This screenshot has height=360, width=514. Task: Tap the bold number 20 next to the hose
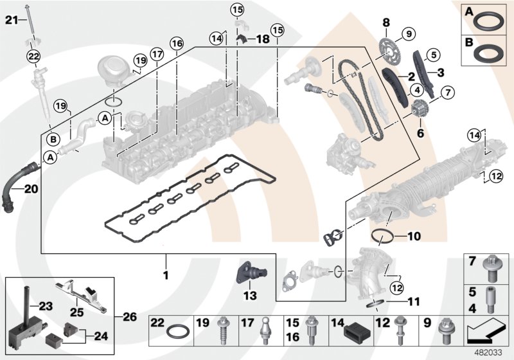32,189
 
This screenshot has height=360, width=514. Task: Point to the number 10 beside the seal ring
414,237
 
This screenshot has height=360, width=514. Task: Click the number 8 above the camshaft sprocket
386,22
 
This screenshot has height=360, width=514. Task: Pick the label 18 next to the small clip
263,39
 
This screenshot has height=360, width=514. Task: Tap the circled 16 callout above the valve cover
177,43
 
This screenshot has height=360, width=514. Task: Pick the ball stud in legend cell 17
265,331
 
